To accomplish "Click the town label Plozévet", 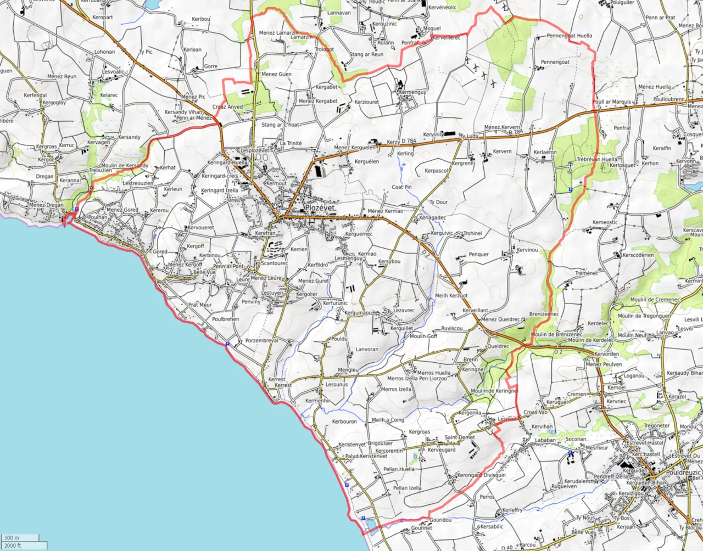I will click(x=320, y=207).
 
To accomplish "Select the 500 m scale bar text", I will click(x=12, y=538).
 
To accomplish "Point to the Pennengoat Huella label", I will click(x=570, y=36).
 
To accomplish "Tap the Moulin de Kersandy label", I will click(x=125, y=166).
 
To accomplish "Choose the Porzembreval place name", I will click(x=261, y=340).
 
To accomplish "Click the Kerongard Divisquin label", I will click(x=481, y=475).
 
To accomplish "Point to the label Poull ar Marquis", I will click(x=612, y=102).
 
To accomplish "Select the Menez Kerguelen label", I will click(x=355, y=148).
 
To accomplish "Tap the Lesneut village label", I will click(x=507, y=419).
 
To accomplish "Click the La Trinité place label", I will click(x=291, y=143).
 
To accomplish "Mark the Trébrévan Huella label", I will click(x=596, y=159).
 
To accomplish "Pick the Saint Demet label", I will click(x=460, y=437).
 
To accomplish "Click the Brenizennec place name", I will click(x=544, y=314).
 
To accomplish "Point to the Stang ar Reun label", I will click(x=366, y=54).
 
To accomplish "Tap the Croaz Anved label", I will click(x=227, y=107).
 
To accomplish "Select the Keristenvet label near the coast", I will click(x=352, y=445).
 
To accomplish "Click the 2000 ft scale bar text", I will click(x=13, y=546).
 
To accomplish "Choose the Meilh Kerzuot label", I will click(x=451, y=295).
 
